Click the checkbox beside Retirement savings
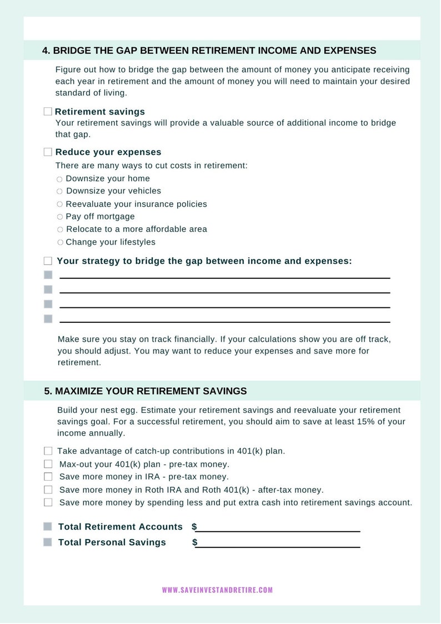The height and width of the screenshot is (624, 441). (x=48, y=112)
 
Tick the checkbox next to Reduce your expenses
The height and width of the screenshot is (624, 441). (x=48, y=152)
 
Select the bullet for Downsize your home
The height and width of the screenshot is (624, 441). (x=59, y=179)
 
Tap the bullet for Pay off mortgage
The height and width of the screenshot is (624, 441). (x=59, y=217)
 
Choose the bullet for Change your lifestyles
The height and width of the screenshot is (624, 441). (x=59, y=242)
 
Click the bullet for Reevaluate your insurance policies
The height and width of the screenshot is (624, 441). (x=59, y=204)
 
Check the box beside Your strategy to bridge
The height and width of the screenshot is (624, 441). (x=48, y=261)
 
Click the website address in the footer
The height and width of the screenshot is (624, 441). (x=217, y=590)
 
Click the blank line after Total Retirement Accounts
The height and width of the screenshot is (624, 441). (x=278, y=527)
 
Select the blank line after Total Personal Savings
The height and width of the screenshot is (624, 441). (x=278, y=542)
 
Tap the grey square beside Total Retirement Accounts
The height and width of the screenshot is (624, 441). (x=48, y=527)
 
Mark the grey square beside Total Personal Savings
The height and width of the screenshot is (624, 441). (x=48, y=542)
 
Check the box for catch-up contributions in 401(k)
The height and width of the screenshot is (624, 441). (x=48, y=451)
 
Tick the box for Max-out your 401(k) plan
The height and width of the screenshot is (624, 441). (x=48, y=464)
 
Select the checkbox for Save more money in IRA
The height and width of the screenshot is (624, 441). (x=48, y=477)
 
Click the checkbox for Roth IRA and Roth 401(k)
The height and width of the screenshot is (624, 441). (x=48, y=490)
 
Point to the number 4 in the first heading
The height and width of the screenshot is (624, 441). (x=45, y=51)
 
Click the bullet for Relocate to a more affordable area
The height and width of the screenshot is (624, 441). (x=59, y=229)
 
